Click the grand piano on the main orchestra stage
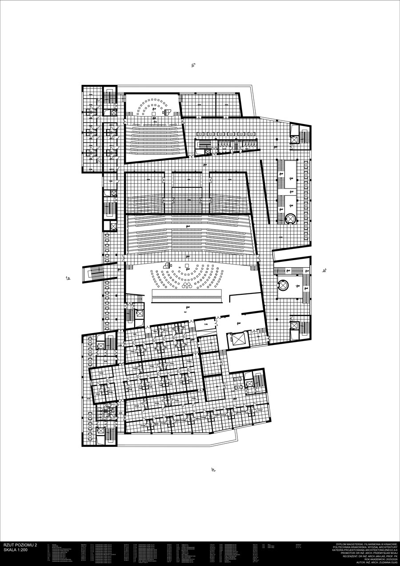168,265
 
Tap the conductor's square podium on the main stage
187,265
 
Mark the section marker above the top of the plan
193,66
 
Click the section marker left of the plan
68,278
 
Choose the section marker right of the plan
324,270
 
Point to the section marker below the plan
214,469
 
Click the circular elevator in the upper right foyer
290,218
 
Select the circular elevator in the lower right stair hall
284,284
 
